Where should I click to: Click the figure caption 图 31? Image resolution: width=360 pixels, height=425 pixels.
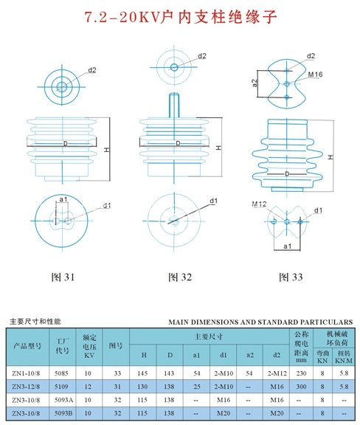tap(63, 277)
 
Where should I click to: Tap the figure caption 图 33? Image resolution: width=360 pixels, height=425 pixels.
tap(291, 277)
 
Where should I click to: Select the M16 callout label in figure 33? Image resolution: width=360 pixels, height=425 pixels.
tap(315, 75)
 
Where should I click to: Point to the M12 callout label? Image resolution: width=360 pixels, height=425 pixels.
tap(259, 204)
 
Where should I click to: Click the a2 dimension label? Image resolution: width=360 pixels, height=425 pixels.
tap(255, 83)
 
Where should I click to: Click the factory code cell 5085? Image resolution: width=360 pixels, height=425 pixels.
tap(61, 373)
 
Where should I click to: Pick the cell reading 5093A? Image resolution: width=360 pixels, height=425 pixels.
tap(63, 400)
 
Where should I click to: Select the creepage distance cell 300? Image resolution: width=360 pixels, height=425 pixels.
tap(301, 387)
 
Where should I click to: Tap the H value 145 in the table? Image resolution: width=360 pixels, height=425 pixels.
tap(142, 373)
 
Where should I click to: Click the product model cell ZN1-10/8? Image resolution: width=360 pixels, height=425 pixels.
tap(26, 373)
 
